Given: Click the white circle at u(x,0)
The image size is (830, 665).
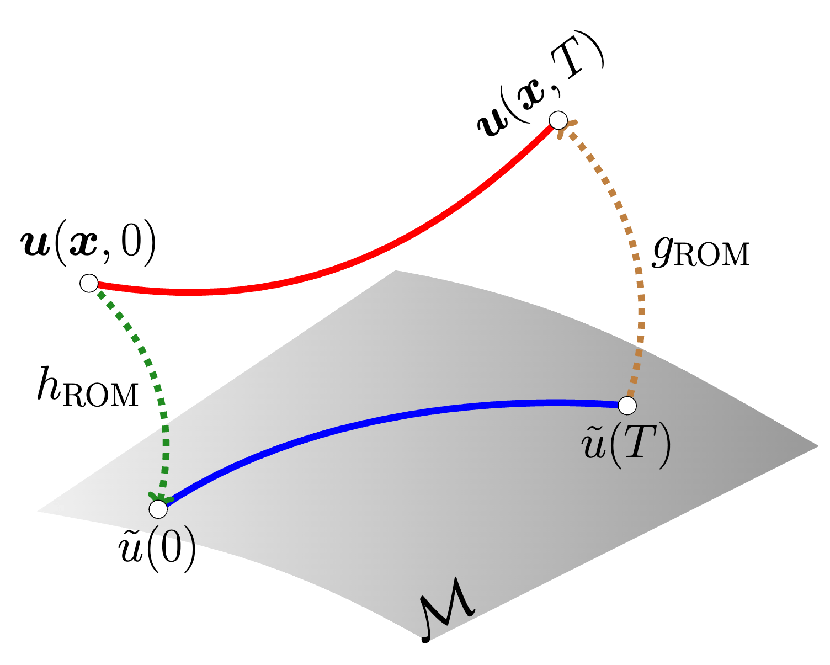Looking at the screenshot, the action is [x=89, y=283].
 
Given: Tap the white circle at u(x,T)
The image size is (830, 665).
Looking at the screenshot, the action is [x=558, y=120].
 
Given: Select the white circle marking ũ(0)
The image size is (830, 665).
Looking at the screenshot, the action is [x=158, y=509].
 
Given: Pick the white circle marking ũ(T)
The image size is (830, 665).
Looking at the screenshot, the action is [x=627, y=406].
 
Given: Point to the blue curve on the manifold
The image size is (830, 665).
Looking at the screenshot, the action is [x=386, y=419].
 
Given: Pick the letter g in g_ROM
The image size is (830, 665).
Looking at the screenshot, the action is [x=663, y=251].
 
